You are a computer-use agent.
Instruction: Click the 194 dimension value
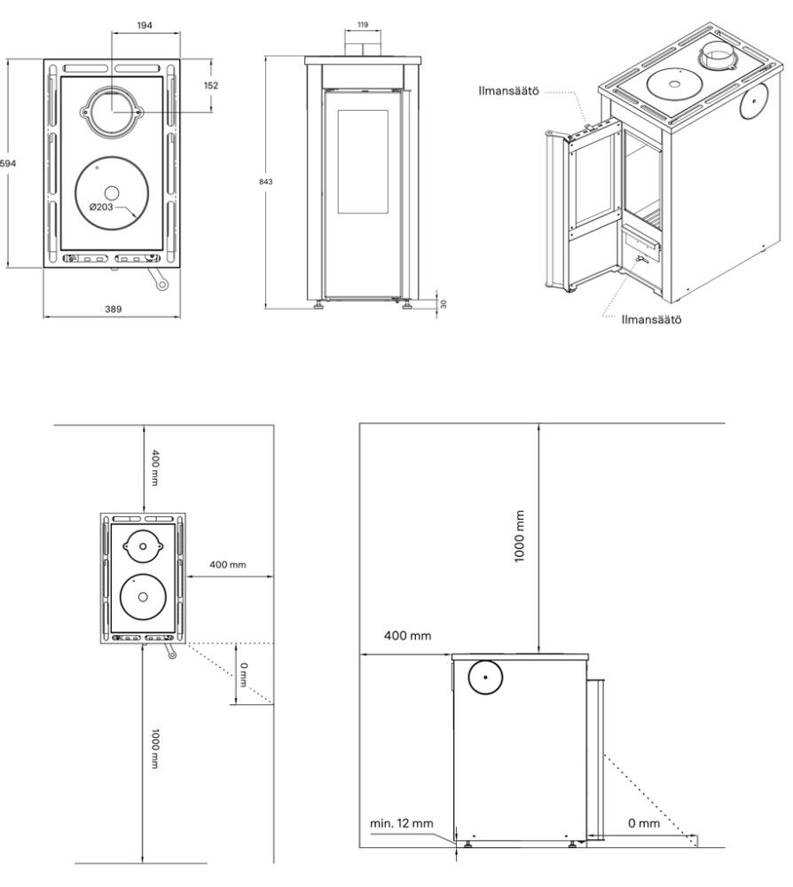145,26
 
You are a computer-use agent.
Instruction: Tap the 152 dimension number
211,85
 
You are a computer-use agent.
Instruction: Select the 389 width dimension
114,309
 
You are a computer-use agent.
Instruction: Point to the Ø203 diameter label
101,207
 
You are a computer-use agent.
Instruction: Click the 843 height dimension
265,182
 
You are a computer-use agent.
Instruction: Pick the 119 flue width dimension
363,25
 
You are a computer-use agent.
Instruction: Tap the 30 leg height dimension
444,303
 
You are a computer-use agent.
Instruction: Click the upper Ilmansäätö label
508,91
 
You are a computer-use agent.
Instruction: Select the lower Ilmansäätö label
652,319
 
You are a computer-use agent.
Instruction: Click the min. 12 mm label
402,824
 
